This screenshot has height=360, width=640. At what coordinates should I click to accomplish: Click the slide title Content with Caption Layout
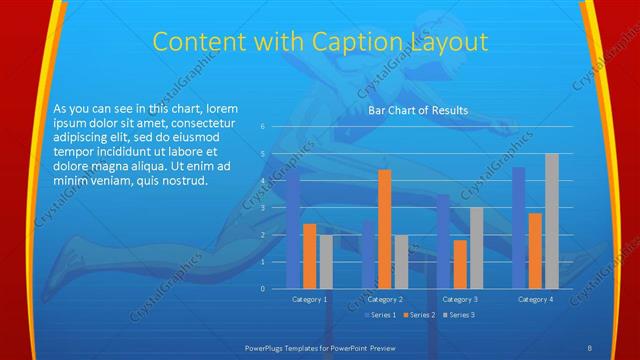[320, 42]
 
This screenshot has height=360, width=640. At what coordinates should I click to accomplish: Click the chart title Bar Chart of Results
[417, 110]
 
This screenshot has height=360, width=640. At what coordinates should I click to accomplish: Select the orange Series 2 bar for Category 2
[384, 229]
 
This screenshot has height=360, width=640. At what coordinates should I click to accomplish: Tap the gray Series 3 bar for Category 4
[552, 221]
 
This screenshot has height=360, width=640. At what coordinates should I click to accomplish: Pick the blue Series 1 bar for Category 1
[293, 229]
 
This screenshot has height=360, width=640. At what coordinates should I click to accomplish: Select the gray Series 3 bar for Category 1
[326, 262]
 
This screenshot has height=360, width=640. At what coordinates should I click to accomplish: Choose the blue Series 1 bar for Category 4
[519, 228]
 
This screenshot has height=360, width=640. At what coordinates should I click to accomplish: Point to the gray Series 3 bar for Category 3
[476, 248]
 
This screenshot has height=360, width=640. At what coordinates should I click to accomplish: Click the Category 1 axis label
[309, 299]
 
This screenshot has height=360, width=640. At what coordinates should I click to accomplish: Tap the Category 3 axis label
[460, 299]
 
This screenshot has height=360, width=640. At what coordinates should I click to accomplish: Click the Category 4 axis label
[535, 299]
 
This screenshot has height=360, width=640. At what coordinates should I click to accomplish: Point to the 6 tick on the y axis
[261, 127]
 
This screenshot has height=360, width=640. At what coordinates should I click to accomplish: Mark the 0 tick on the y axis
[261, 289]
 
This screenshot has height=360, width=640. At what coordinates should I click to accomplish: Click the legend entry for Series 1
[380, 315]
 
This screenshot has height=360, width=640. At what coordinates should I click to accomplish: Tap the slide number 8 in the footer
[589, 347]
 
